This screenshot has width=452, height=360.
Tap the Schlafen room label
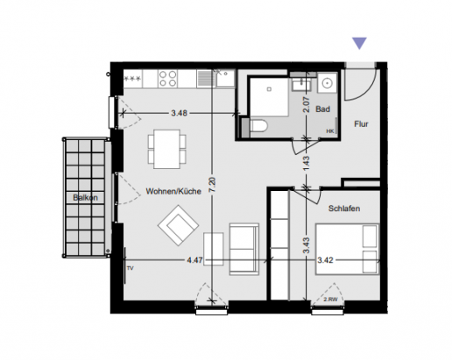pos(344,208)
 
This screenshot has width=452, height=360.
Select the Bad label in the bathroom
pos(322,109)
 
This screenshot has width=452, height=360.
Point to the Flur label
pos(360,125)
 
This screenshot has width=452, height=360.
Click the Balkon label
pos(84,197)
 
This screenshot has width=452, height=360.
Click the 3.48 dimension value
pos(179,112)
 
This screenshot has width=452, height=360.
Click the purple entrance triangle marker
pos(359,43)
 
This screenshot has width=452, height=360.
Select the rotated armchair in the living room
pos(179,226)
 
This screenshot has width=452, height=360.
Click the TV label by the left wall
pos(130,268)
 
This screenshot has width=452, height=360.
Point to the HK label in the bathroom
pos(329,131)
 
